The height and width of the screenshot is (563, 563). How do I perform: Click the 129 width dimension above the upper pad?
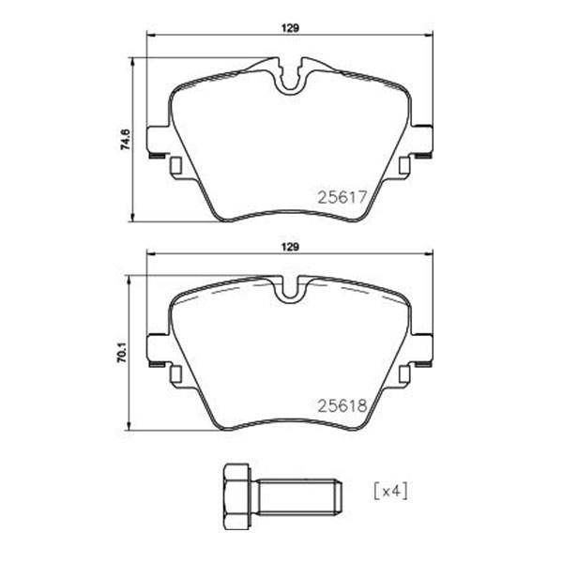click(x=290, y=28)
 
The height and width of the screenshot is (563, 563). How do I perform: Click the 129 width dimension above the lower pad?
click(x=290, y=247)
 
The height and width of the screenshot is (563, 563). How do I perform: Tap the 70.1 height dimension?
click(x=122, y=352)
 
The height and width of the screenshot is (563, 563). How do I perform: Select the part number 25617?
click(x=342, y=197)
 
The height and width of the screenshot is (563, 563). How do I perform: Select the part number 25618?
click(x=342, y=405)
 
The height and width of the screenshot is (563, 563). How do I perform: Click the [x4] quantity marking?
click(x=391, y=492)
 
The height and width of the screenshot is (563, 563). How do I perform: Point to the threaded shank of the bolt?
click(x=299, y=496)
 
